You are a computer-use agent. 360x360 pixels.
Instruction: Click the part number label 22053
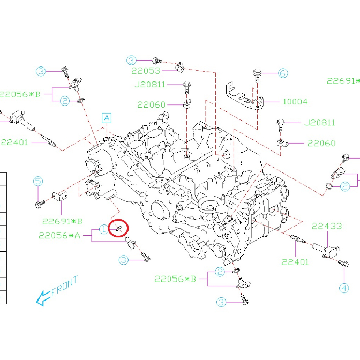point(146,71)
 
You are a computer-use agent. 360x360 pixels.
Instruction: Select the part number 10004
point(295,101)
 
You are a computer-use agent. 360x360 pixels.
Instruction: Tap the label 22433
point(326,226)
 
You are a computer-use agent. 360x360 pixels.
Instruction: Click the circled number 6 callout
point(282,73)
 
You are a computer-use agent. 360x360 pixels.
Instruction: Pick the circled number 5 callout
point(37,182)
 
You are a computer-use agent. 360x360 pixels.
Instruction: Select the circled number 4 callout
point(343,288)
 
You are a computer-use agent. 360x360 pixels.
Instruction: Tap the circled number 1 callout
point(103,230)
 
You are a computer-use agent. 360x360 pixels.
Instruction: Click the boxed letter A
point(107,117)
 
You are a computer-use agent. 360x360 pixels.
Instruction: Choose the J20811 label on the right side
point(320,123)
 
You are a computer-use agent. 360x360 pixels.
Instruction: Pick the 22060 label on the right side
point(321,143)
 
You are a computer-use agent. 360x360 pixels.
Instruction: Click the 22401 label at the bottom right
point(296,262)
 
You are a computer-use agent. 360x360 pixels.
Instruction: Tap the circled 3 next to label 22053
point(132,59)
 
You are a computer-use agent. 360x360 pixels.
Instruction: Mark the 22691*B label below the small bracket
point(63,221)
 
